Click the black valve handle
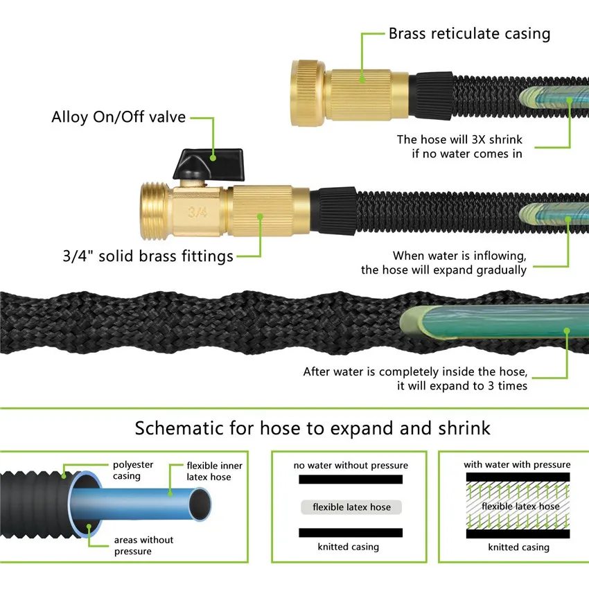coord(209,164)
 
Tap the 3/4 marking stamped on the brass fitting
coord(197,212)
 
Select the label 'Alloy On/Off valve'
coord(118,117)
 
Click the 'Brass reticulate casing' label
coord(470,33)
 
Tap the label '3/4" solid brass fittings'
coord(148,256)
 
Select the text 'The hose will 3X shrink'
coord(459,139)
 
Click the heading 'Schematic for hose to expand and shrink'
coord(313,428)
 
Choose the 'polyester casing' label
coord(133,471)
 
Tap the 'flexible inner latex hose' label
coord(215,471)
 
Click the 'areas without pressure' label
coord(143,545)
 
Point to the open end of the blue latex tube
coord(200,504)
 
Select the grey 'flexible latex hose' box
coord(351,507)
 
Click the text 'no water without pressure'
coord(351,466)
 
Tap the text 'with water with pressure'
coord(517,465)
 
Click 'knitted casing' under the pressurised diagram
coord(519,547)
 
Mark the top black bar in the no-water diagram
coord(351,480)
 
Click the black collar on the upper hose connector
coord(432,96)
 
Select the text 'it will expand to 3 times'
coord(462,386)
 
